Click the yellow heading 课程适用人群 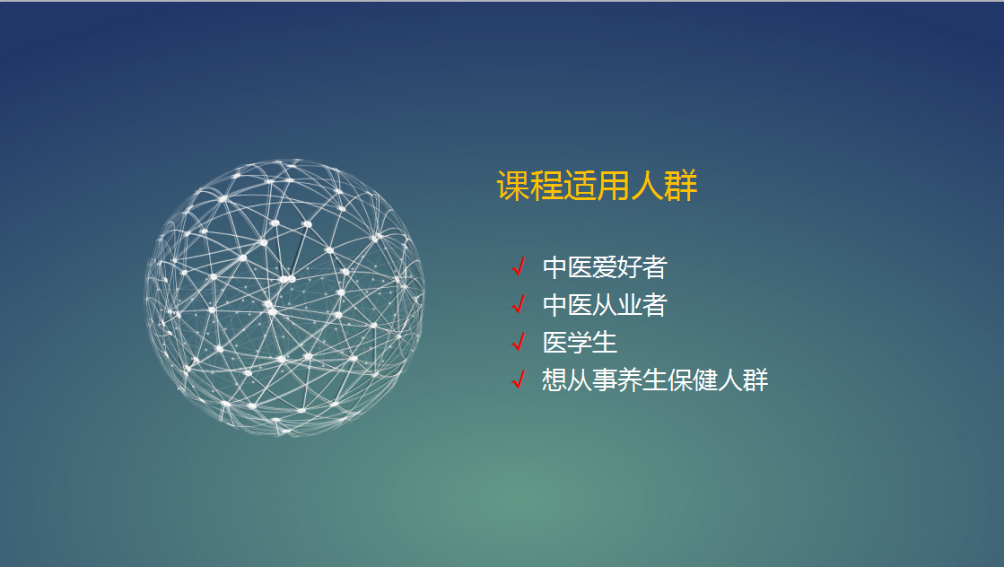(x=597, y=186)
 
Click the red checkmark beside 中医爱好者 (x=519, y=266)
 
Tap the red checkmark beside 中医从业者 (x=519, y=304)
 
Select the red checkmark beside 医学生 (x=519, y=342)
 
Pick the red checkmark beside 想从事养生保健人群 (x=519, y=379)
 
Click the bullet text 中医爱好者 (x=605, y=267)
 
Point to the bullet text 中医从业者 (x=605, y=305)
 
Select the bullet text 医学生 (x=581, y=343)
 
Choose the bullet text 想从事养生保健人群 (x=655, y=380)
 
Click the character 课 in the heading (x=513, y=186)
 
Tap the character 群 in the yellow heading (x=681, y=186)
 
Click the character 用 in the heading (x=614, y=186)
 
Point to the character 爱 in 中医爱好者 (x=605, y=267)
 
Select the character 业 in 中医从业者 (x=630, y=305)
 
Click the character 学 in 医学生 (x=581, y=343)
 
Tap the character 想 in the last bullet (x=554, y=380)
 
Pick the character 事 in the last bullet (x=605, y=380)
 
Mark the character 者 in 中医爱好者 (x=655, y=267)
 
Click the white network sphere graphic (x=284, y=298)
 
